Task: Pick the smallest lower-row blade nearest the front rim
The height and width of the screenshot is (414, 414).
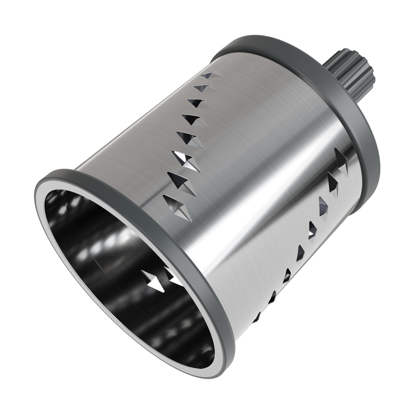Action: (x=257, y=317)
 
